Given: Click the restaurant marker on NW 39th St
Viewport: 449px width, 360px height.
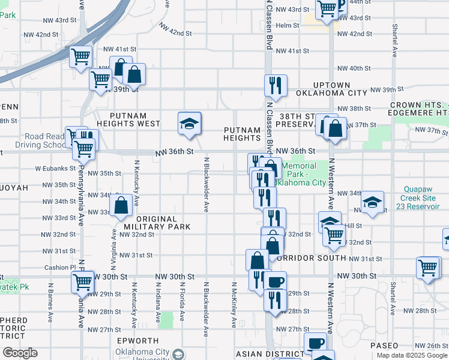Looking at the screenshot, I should pos(276,86).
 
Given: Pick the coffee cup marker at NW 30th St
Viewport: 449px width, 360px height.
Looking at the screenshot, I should pos(276,281).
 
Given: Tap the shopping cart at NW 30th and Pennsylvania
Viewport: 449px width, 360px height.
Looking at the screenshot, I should pos(82,281).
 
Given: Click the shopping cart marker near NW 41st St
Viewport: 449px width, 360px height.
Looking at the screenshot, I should pos(81,57).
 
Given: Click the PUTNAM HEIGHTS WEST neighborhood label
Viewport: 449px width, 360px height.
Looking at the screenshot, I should pos(134,124).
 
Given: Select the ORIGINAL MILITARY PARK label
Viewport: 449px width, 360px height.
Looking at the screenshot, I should pos(157,223).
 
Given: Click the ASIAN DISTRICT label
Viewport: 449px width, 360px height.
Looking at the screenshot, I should pos(267,354).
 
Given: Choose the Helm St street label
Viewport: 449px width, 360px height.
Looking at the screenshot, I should pos(288,25).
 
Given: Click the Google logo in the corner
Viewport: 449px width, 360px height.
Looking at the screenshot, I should pos(19,353).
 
